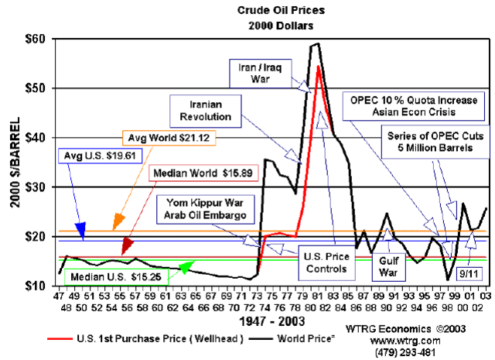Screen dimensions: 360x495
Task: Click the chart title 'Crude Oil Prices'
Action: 269,10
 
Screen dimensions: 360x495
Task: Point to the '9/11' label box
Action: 466,272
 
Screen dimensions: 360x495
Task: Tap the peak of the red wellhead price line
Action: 319,67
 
